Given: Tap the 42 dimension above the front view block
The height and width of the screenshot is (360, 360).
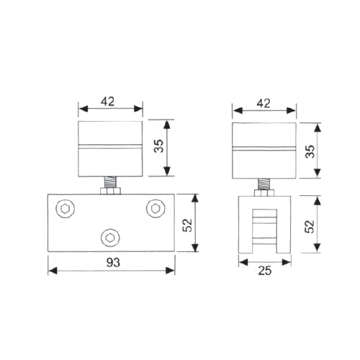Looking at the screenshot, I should [110, 102].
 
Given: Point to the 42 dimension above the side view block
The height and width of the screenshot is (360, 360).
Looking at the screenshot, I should [264, 102].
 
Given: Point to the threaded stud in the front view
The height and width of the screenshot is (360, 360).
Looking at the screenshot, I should [110, 183].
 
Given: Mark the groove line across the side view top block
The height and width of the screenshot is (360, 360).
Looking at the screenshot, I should [264, 149].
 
